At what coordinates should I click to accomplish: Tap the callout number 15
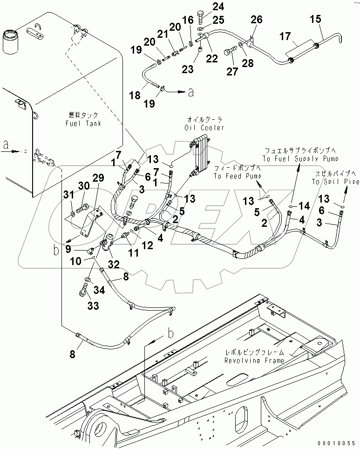coord(316,20)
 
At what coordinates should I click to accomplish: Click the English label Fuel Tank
coord(84,123)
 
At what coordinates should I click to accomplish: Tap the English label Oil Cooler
coord(204,128)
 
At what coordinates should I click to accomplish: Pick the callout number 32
coord(114,264)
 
